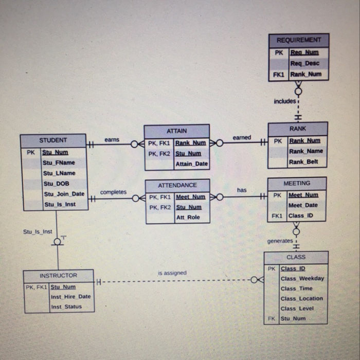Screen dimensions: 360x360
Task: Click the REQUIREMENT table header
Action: [298, 40]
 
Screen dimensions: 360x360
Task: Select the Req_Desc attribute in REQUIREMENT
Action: [304, 63]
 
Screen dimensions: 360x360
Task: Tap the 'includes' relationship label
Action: [284, 101]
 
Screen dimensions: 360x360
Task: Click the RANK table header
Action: [297, 129]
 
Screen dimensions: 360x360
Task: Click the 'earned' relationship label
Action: [242, 137]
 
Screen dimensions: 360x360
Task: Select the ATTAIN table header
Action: [176, 131]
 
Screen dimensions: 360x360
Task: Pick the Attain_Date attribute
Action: [192, 164]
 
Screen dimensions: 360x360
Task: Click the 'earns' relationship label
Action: [112, 139]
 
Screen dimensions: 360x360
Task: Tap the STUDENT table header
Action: [53, 140]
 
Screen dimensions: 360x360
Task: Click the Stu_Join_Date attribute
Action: [64, 194]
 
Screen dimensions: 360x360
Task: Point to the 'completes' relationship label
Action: [113, 192]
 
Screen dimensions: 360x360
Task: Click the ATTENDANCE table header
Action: [177, 185]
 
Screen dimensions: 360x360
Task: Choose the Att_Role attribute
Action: [188, 218]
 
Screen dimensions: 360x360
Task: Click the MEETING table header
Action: [297, 183]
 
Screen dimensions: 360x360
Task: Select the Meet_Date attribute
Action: [303, 205]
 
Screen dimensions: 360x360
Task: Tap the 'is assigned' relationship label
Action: [172, 273]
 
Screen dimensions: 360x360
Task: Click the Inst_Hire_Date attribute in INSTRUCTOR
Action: [70, 297]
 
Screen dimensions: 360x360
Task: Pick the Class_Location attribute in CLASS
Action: [302, 298]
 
